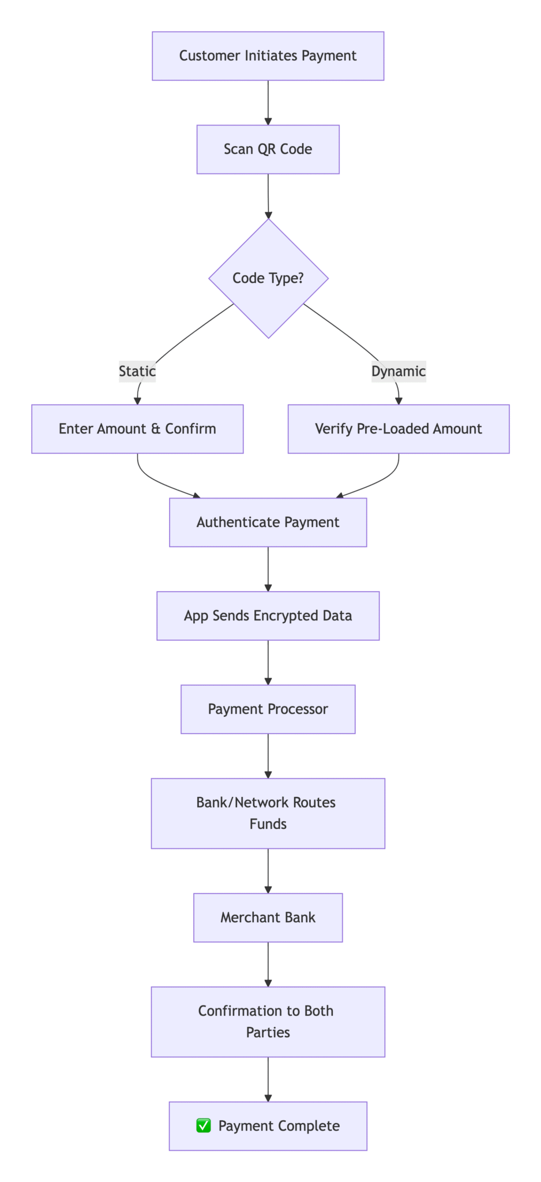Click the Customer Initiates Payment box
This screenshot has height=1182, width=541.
click(x=268, y=56)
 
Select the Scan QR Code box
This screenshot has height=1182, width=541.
click(x=268, y=149)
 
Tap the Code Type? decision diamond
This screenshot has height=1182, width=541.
click(x=268, y=278)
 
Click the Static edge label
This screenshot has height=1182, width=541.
click(x=137, y=371)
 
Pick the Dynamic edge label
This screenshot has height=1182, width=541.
click(x=399, y=371)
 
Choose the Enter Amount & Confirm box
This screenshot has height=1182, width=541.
click(x=137, y=429)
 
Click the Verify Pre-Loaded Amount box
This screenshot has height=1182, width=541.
click(x=399, y=429)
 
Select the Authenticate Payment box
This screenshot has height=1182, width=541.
click(x=268, y=522)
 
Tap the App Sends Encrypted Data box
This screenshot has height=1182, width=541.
click(x=268, y=616)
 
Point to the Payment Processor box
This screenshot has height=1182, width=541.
click(x=268, y=709)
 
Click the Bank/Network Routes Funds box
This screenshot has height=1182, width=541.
click(x=268, y=813)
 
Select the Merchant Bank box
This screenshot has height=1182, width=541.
click(x=268, y=918)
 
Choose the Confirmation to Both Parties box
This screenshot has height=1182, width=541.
click(x=268, y=1022)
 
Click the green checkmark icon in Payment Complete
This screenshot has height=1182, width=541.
click(x=204, y=1125)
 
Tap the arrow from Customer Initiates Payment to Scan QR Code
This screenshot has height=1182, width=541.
click(x=268, y=103)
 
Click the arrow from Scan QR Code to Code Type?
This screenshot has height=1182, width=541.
click(x=268, y=196)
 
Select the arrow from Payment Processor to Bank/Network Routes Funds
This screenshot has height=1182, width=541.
click(x=268, y=756)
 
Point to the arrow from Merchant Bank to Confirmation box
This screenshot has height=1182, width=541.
click(x=268, y=964)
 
